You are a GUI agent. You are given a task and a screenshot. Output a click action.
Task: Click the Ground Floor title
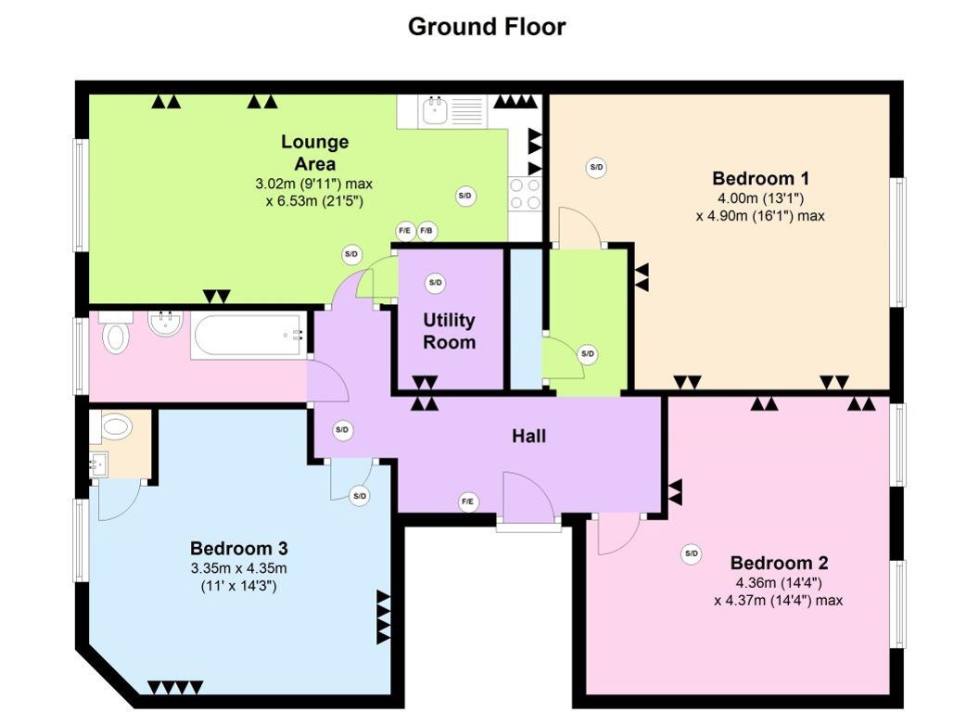click(x=487, y=27)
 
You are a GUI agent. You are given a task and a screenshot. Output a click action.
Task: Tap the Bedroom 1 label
click(x=760, y=179)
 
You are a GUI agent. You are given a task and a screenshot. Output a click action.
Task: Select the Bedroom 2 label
click(x=779, y=563)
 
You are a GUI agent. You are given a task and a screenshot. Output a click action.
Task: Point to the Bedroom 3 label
click(x=239, y=548)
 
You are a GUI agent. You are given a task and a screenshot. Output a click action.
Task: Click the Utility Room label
click(x=450, y=331)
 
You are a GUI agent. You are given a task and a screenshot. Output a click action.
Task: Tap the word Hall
click(x=528, y=436)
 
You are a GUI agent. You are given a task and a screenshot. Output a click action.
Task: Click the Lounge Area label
click(x=314, y=152)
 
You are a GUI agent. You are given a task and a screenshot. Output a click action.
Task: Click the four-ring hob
click(x=525, y=194)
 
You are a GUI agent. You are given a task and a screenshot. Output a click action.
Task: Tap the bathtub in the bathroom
click(x=249, y=335)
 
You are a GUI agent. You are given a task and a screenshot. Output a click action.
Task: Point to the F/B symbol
click(x=426, y=231)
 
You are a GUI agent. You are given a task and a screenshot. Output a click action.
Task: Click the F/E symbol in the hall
click(x=468, y=502)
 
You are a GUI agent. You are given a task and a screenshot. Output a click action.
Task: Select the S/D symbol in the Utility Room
click(x=435, y=283)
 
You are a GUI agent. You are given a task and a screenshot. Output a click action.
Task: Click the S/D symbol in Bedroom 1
click(x=596, y=168)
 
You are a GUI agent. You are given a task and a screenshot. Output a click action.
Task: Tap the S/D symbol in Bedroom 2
click(x=692, y=553)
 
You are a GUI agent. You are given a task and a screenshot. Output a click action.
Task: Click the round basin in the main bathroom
click(x=165, y=324)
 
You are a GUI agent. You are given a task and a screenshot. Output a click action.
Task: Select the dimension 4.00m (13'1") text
click(x=760, y=198)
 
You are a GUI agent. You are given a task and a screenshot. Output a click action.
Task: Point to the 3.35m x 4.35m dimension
click(x=239, y=568)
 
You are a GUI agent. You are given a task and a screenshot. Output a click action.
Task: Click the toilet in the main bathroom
click(x=116, y=333)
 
